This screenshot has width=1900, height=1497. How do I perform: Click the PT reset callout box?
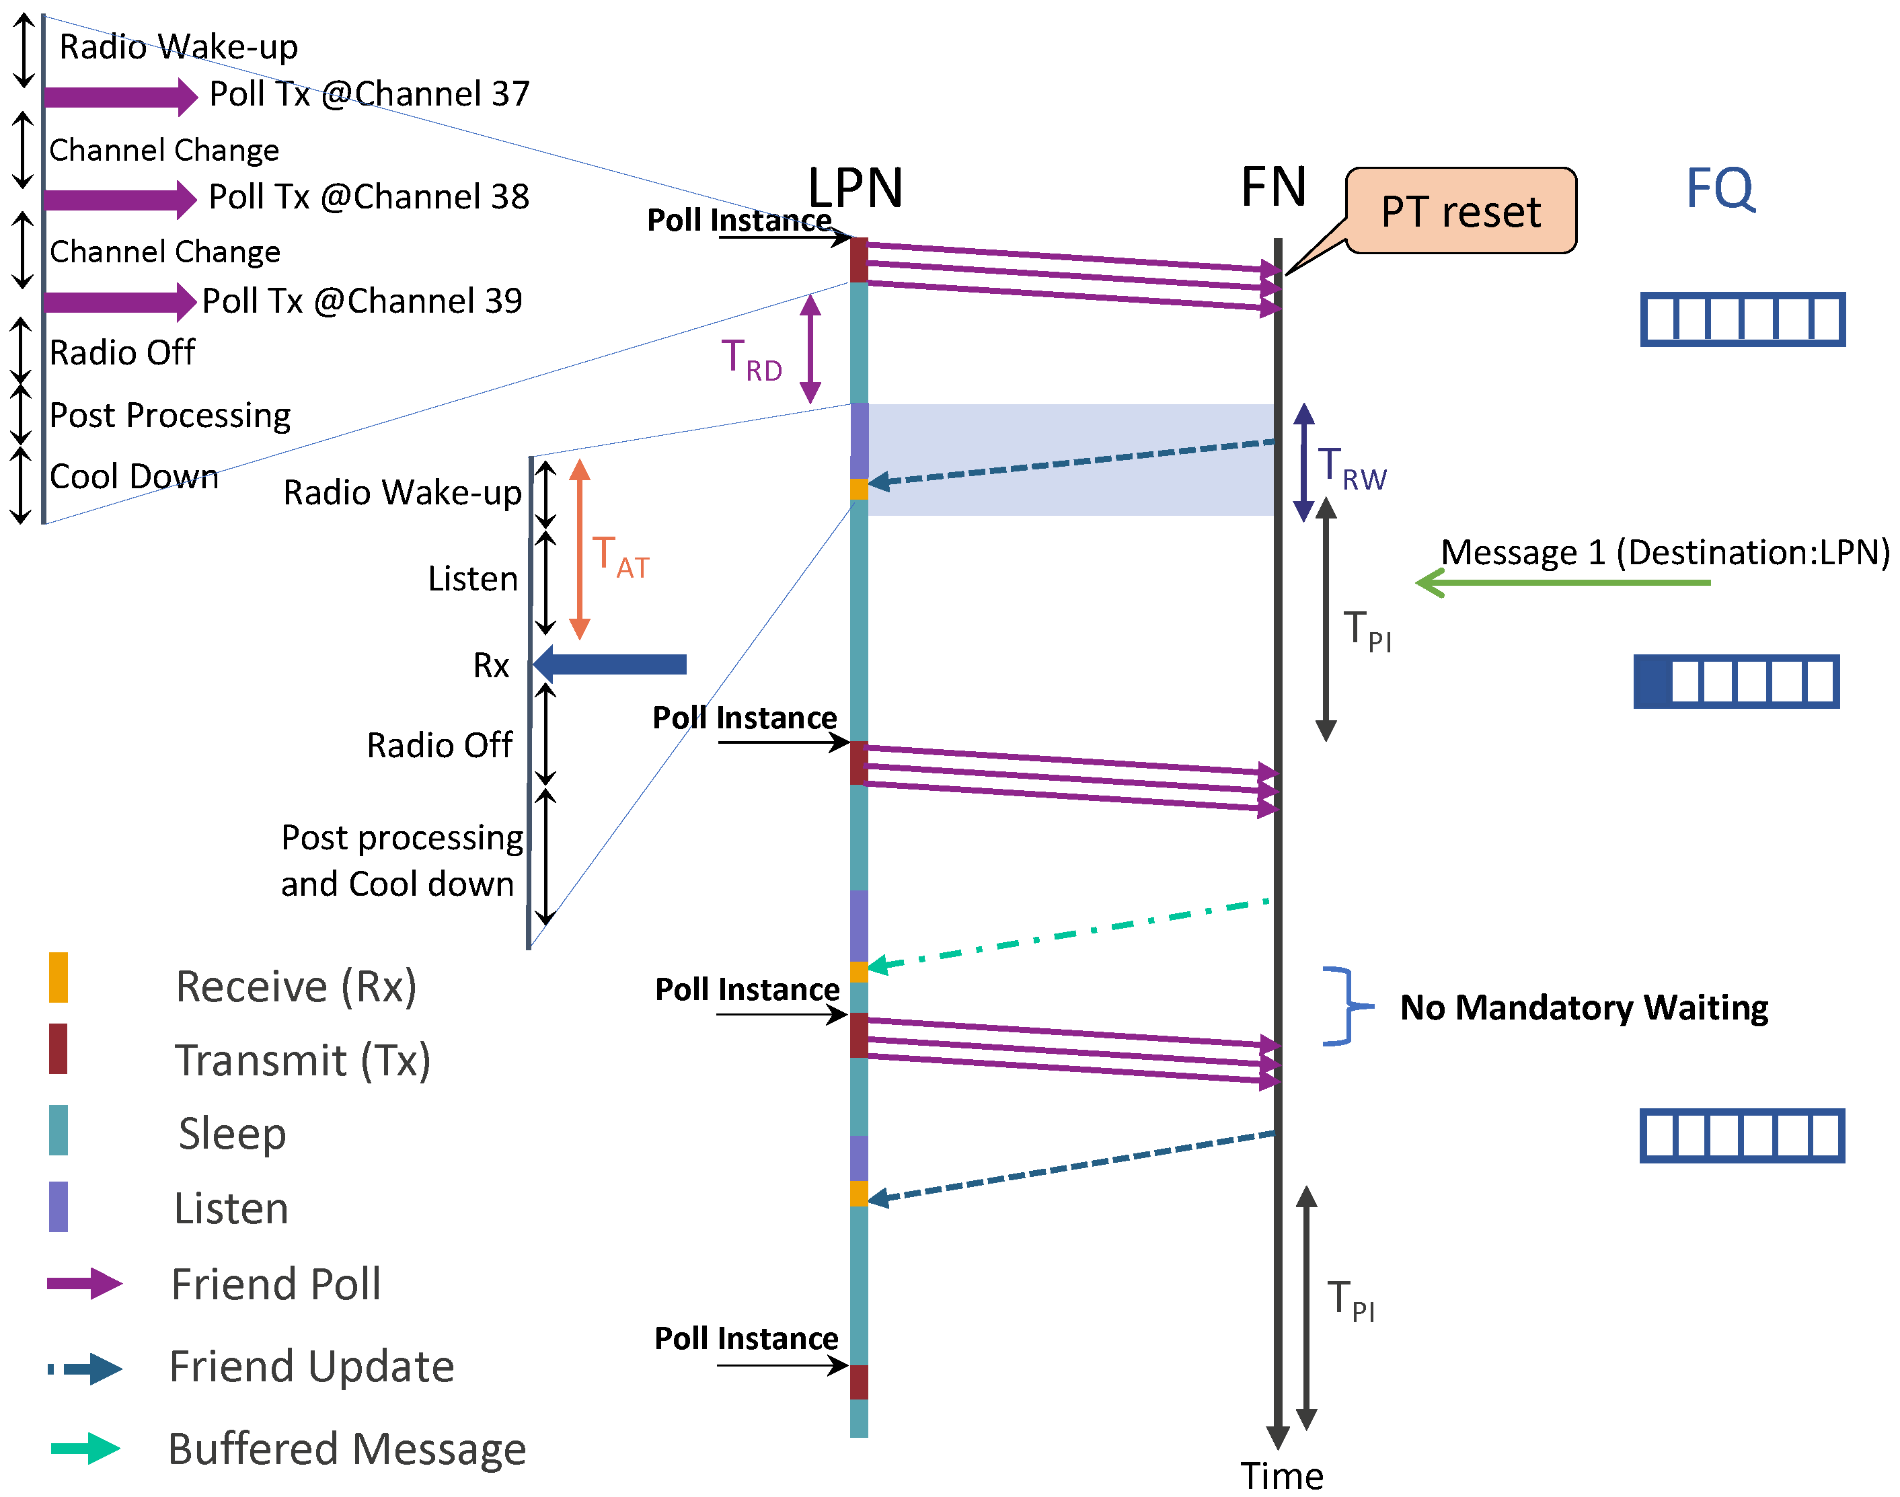[x=1460, y=211]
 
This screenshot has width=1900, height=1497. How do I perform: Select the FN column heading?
[x=1272, y=187]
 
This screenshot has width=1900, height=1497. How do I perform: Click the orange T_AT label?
[x=619, y=557]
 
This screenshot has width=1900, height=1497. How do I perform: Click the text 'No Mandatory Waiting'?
[x=1584, y=1008]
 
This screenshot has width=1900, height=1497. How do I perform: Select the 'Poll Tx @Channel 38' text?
[x=369, y=197]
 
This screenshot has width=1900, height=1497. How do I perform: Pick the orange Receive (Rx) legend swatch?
[x=58, y=977]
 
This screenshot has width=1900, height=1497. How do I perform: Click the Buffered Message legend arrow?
[x=85, y=1448]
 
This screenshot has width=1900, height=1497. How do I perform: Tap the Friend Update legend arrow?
[x=85, y=1368]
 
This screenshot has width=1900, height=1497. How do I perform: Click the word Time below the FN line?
[x=1281, y=1477]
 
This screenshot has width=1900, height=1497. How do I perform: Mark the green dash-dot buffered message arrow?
[x=1069, y=934]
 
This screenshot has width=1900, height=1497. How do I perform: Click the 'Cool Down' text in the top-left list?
[x=134, y=477]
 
